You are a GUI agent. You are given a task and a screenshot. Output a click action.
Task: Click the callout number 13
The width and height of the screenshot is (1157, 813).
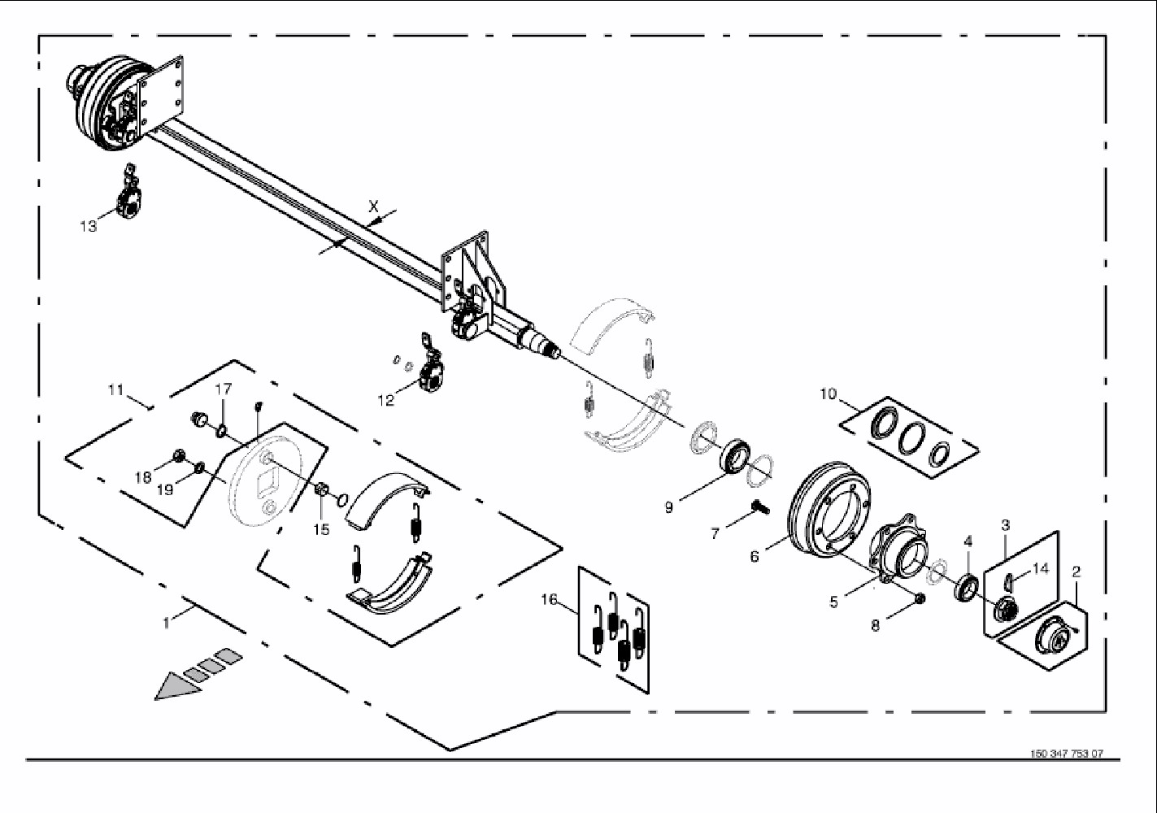(88, 226)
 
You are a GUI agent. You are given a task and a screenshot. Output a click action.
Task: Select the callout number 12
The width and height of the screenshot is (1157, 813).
(385, 400)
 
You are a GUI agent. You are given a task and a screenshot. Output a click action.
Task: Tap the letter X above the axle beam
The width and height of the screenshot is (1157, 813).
(374, 207)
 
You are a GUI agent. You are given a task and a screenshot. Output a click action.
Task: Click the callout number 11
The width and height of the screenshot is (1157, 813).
(115, 390)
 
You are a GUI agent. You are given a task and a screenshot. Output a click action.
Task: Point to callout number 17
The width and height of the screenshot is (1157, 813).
(224, 389)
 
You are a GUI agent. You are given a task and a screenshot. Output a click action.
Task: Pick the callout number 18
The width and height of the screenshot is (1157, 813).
(143, 477)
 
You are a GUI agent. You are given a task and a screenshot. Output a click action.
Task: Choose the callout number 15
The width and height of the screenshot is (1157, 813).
(322, 529)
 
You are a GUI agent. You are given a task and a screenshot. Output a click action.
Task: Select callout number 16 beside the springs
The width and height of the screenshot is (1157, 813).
(550, 600)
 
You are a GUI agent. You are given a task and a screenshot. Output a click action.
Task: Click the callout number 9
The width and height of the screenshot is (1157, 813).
(668, 507)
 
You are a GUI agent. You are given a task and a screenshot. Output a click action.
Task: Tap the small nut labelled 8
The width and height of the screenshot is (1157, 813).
(920, 599)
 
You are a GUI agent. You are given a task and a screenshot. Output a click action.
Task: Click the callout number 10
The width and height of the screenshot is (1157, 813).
(828, 394)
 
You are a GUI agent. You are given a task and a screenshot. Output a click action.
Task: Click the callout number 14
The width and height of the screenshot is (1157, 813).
(1041, 568)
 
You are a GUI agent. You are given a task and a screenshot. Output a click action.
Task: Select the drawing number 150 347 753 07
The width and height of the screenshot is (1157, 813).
(1067, 754)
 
